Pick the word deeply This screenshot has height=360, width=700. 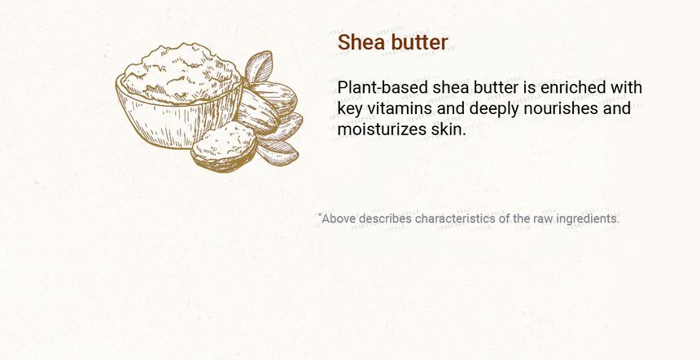[494, 109]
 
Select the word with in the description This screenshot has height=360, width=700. [627, 87]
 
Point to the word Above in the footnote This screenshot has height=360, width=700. [339, 219]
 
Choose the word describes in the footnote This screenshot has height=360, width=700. [385, 219]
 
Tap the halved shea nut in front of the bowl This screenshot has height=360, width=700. [224, 147]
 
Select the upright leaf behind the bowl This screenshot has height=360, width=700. [259, 67]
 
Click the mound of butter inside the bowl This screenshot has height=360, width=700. [181, 73]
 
